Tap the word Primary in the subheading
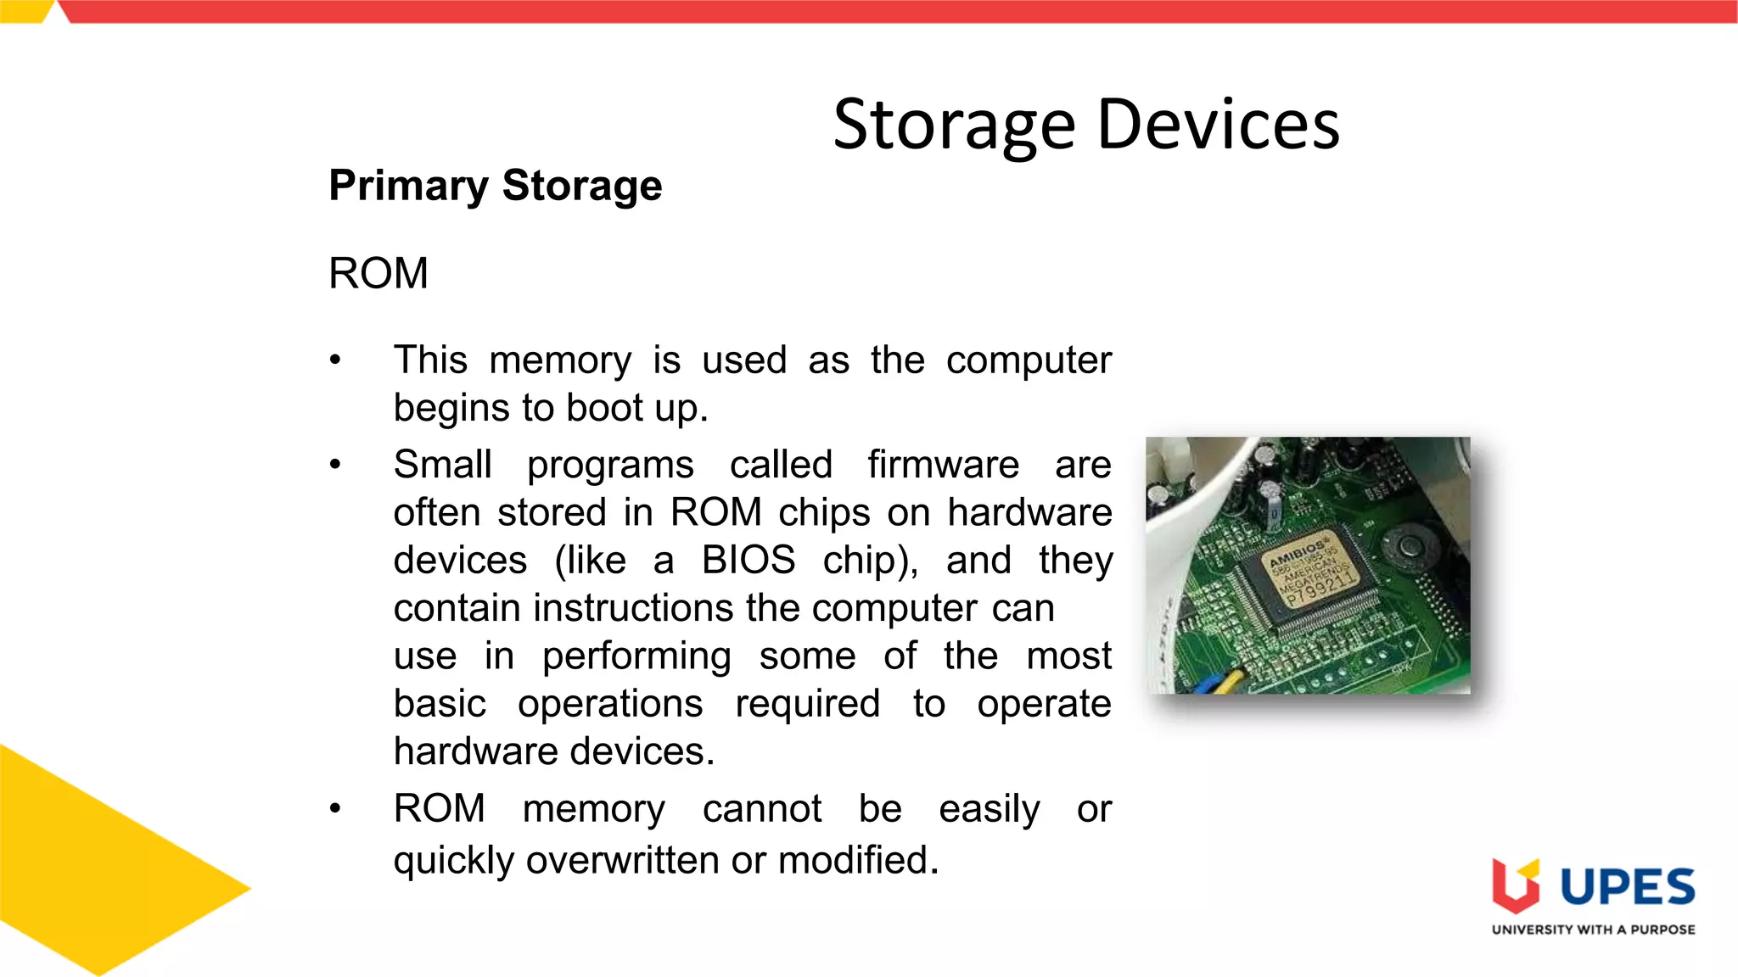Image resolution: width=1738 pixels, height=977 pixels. (x=408, y=187)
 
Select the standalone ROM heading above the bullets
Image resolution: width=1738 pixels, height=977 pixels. (x=378, y=274)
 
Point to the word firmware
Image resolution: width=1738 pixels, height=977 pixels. (x=943, y=465)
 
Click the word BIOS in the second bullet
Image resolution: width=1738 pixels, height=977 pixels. (x=748, y=561)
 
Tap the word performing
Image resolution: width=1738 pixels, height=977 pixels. (x=636, y=656)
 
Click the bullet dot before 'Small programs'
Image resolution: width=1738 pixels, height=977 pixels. (x=335, y=465)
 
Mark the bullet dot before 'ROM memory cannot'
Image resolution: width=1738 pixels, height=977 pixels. (x=335, y=809)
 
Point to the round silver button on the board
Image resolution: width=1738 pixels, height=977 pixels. (x=1409, y=545)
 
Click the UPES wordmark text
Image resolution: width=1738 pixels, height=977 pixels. (x=1627, y=888)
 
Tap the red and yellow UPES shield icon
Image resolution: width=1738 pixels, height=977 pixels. (x=1516, y=886)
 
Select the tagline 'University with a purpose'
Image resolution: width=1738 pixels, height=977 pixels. (x=1593, y=930)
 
